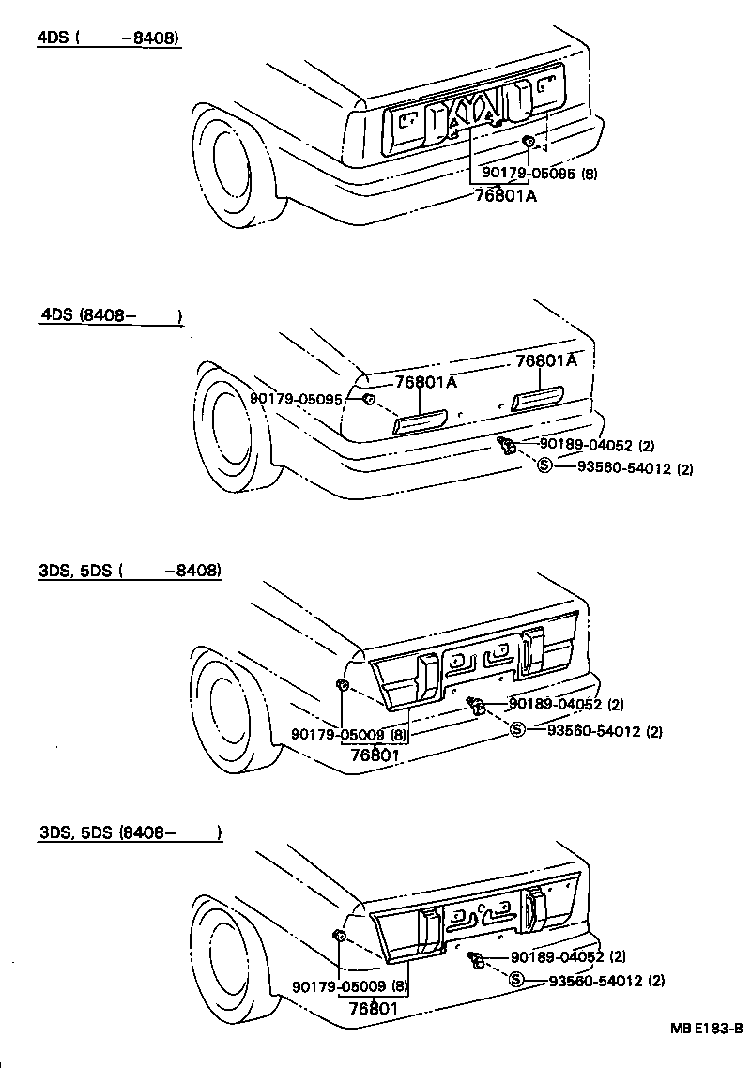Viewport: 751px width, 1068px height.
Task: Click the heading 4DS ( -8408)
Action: pyautogui.click(x=108, y=38)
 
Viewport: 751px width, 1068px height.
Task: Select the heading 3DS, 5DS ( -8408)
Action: pyautogui.click(x=130, y=571)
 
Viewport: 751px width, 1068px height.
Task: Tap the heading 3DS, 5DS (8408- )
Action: pyautogui.click(x=130, y=832)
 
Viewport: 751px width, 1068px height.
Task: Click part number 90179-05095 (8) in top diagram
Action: pyautogui.click(x=540, y=173)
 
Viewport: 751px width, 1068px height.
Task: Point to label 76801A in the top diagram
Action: pyautogui.click(x=505, y=195)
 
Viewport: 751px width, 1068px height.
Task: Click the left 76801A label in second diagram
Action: pyautogui.click(x=425, y=382)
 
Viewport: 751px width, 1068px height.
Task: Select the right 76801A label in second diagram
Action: pyautogui.click(x=545, y=361)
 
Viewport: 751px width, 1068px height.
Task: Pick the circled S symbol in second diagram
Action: pyautogui.click(x=544, y=465)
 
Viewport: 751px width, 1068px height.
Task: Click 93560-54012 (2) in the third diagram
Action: pyautogui.click(x=605, y=731)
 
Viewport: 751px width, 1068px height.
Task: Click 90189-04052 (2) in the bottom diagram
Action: pyautogui.click(x=568, y=957)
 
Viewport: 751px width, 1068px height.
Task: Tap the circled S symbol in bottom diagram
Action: pyautogui.click(x=516, y=980)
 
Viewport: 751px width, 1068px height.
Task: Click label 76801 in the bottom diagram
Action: pyautogui.click(x=375, y=1009)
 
